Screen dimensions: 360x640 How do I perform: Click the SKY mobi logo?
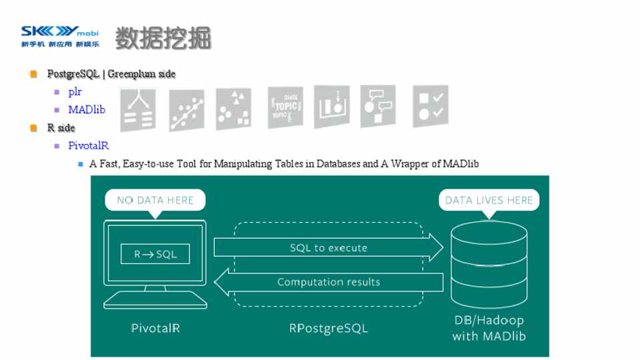click(x=59, y=35)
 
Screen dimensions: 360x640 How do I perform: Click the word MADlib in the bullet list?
click(x=86, y=110)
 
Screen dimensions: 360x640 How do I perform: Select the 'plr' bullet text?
click(x=75, y=92)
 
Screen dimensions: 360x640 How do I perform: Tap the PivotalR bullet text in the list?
click(x=88, y=145)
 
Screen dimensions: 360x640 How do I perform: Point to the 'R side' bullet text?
click(x=61, y=127)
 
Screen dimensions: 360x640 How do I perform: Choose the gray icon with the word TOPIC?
click(x=285, y=107)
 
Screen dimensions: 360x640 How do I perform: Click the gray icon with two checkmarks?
click(x=430, y=107)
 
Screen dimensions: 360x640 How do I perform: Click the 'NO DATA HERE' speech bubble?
click(x=155, y=200)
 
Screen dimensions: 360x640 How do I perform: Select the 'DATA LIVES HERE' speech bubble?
click(x=489, y=200)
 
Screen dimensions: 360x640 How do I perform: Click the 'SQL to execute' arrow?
click(x=328, y=248)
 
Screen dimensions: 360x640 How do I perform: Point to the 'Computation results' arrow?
click(x=328, y=282)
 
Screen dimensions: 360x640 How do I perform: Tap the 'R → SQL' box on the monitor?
click(x=155, y=254)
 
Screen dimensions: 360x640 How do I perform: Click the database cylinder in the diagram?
click(x=489, y=263)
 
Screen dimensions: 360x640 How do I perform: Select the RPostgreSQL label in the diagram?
click(x=328, y=328)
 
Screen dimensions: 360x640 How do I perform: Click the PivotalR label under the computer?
click(x=155, y=328)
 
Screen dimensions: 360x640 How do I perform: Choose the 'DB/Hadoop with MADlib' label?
click(x=489, y=328)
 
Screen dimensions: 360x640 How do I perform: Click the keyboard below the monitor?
click(x=155, y=300)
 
